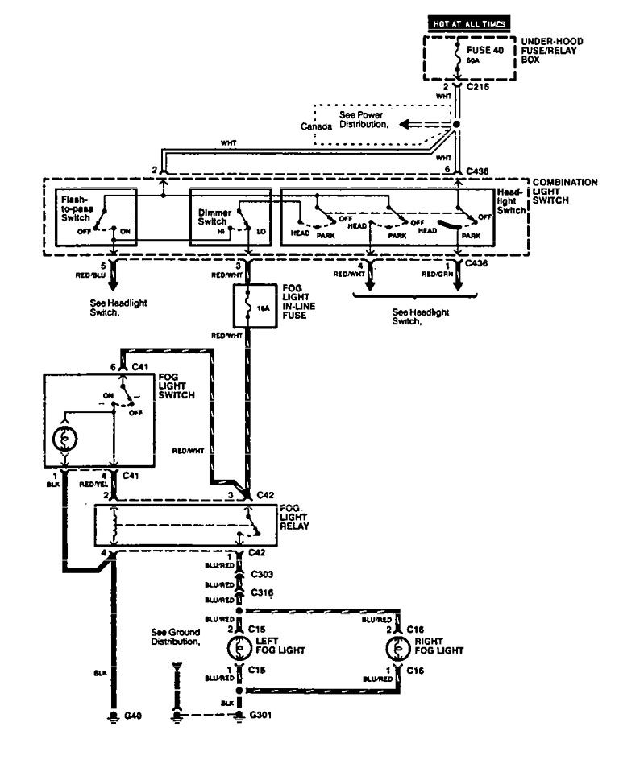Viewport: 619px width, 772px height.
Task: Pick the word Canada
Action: tap(315, 127)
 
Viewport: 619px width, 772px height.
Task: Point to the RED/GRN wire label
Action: tap(437, 275)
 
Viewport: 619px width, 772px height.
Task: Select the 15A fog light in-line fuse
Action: tap(249, 307)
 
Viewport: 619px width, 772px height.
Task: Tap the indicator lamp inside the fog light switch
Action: tap(64, 440)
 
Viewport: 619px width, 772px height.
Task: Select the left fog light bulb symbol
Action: tap(239, 648)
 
